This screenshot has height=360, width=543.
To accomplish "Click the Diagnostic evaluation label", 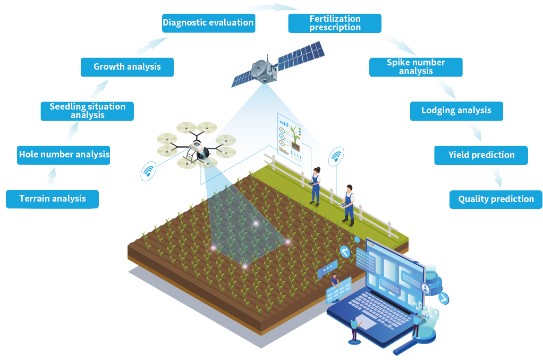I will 208,22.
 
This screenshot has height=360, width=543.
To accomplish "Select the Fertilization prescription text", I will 335,23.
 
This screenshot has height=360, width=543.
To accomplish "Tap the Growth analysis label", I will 127,66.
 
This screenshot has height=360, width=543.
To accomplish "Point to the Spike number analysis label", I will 415,66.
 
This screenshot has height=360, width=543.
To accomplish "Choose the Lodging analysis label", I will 456,111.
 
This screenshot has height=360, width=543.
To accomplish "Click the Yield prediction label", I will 481,155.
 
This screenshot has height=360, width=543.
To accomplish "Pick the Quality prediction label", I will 496,199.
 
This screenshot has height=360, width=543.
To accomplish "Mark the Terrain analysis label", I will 53,198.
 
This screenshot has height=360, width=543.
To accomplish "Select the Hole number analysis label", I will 64,154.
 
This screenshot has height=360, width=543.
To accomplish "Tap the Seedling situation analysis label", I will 88,110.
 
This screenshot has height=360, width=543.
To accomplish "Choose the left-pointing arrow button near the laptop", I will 345,252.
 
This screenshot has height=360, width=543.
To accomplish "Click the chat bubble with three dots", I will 328,269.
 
